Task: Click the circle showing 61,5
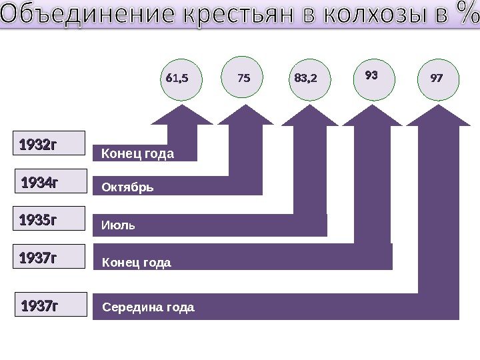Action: [179, 79]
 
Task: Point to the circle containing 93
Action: [371, 76]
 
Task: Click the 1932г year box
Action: [51, 143]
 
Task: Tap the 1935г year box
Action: [51, 219]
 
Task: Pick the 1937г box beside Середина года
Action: [51, 306]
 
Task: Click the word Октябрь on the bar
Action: [127, 187]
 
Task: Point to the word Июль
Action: [118, 225]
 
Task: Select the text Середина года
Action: [148, 307]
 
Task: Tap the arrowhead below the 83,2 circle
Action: [309, 115]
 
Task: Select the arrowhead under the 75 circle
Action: [245, 115]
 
